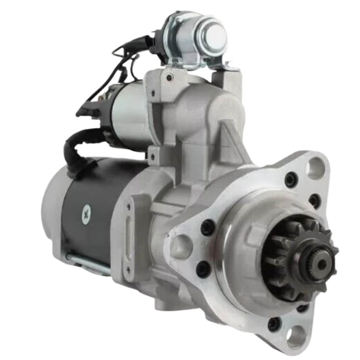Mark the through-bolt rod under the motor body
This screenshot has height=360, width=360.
(88, 263)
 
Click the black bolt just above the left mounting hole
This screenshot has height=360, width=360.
(207, 227)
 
